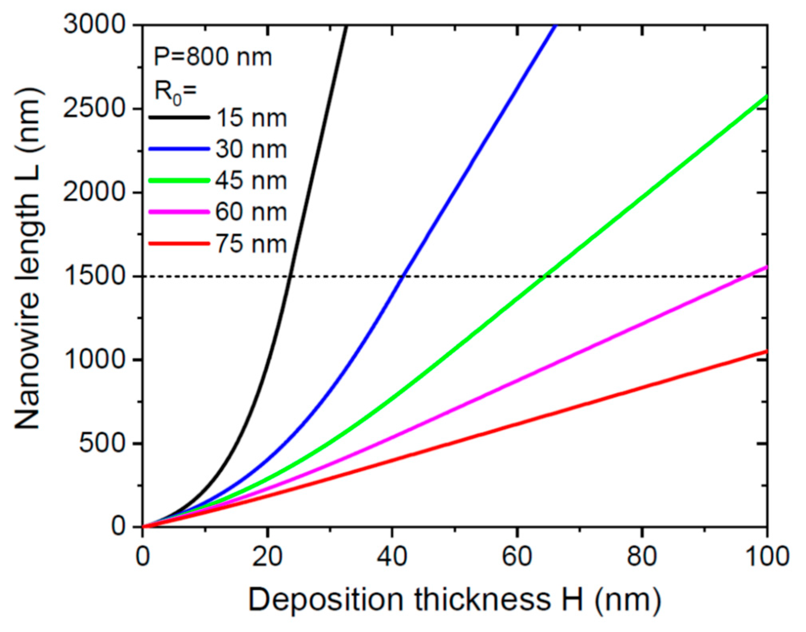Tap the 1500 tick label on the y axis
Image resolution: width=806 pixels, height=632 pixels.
95,276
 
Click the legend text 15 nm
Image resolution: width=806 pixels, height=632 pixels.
251,118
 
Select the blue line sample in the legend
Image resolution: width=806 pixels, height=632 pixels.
179,149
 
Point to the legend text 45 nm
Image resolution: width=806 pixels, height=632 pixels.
251,181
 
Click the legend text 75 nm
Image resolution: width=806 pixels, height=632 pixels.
251,244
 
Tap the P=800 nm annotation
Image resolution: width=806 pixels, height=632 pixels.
213,57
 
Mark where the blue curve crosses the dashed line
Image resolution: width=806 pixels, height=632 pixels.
403,276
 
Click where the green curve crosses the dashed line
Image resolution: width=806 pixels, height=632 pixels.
545,276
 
